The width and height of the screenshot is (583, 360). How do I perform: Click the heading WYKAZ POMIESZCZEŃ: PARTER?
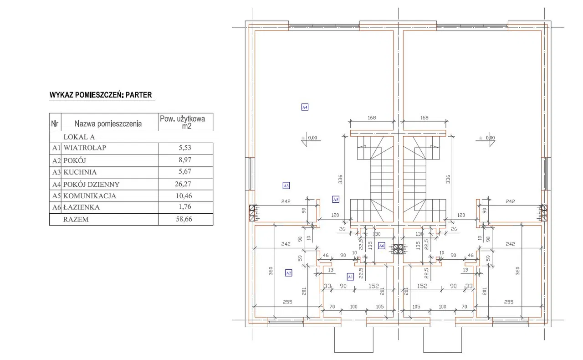pyautogui.click(x=101, y=95)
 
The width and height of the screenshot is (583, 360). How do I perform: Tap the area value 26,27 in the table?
pyautogui.click(x=185, y=184)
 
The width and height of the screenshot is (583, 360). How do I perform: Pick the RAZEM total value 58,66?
pyautogui.click(x=185, y=219)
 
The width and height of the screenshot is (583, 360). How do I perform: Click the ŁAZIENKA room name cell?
pyautogui.click(x=82, y=207)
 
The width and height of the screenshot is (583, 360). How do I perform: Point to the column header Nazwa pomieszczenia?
pyautogui.click(x=108, y=123)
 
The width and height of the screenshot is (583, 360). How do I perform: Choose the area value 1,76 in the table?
pyautogui.click(x=185, y=207)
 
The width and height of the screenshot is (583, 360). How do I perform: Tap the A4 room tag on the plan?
pyautogui.click(x=305, y=107)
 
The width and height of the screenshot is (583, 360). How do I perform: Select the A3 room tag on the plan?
pyautogui.click(x=286, y=185)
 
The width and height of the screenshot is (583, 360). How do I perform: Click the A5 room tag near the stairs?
pyautogui.click(x=336, y=199)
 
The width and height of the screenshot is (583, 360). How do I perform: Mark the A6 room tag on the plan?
pyautogui.click(x=382, y=246)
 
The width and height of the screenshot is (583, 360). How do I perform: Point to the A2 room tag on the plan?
pyautogui.click(x=288, y=273)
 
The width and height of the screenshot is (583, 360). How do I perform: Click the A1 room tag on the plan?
pyautogui.click(x=350, y=276)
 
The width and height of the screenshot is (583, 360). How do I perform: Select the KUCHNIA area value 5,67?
pyautogui.click(x=185, y=172)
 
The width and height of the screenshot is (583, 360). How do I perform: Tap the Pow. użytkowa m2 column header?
pyautogui.click(x=185, y=122)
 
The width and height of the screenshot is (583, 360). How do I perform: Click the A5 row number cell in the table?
pyautogui.click(x=56, y=196)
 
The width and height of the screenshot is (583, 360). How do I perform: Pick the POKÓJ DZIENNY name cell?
pyautogui.click(x=92, y=184)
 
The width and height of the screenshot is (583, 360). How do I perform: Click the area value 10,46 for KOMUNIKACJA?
pyautogui.click(x=185, y=196)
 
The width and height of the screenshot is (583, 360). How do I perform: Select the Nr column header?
pyautogui.click(x=55, y=123)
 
